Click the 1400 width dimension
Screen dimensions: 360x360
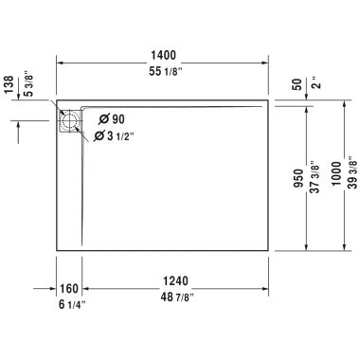point(166,56)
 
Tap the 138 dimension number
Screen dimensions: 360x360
point(9,86)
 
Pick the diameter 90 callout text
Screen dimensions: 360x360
point(111,118)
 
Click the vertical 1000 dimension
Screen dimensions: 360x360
point(336,171)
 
